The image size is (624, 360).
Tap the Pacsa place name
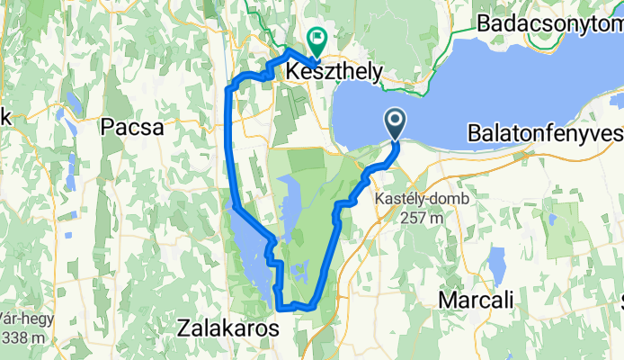pyautogui.click(x=132, y=127)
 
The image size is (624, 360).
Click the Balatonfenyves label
pyautogui.click(x=545, y=134)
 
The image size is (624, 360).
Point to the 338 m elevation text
pyautogui.click(x=27, y=337)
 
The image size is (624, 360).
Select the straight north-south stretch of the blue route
pyautogui.click(x=229, y=144)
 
